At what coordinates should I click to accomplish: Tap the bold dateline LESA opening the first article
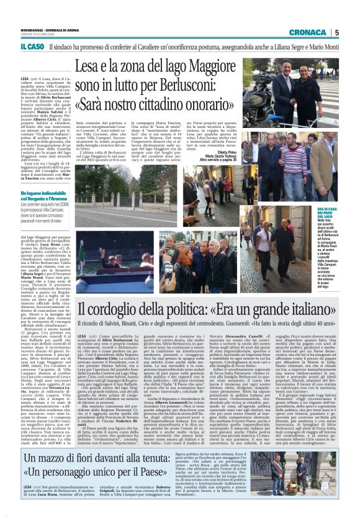[x=25, y=80]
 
